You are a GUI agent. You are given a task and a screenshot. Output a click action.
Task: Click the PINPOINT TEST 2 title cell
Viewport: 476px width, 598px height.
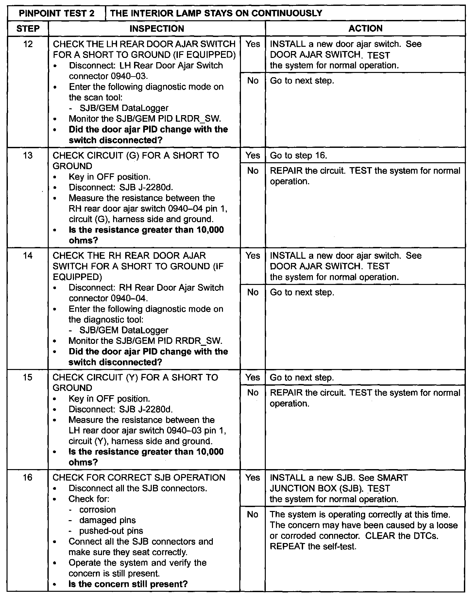(57, 13)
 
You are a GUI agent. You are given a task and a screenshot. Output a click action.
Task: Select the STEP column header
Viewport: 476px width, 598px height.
(28, 28)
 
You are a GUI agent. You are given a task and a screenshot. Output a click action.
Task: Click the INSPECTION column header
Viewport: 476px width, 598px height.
(157, 28)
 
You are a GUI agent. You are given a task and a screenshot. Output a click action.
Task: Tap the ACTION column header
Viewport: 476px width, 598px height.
(365, 28)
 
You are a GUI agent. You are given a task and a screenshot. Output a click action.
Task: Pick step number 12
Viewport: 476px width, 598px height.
(28, 44)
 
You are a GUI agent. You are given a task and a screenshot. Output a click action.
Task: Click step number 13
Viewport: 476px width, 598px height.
(28, 155)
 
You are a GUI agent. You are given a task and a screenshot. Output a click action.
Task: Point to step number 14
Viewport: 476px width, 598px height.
(28, 255)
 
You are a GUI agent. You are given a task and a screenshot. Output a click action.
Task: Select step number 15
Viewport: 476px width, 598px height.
(28, 378)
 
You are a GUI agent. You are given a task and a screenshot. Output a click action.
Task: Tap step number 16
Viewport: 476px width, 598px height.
(28, 478)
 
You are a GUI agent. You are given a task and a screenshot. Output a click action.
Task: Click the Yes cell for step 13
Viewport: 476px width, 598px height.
(253, 155)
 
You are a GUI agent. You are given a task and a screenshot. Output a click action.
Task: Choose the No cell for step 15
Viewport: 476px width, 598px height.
(253, 393)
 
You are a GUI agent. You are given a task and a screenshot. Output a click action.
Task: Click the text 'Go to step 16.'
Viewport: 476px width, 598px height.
(298, 155)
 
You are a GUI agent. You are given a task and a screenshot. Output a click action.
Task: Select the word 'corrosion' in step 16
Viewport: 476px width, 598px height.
(97, 510)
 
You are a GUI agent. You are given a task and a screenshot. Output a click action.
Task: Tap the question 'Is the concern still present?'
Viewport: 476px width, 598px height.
(128, 584)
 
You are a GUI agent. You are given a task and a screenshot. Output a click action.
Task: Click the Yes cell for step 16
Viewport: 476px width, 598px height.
(253, 478)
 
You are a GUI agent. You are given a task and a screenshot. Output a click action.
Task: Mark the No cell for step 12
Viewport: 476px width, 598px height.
(253, 80)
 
